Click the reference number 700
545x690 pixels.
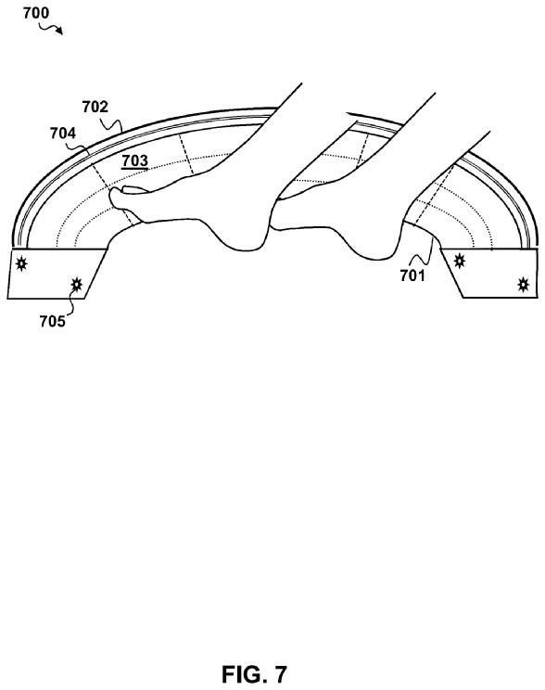pyautogui.click(x=36, y=13)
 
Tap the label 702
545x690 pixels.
pyautogui.click(x=95, y=107)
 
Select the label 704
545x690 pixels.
pyautogui.click(x=63, y=133)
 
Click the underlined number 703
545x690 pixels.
pyautogui.click(x=134, y=160)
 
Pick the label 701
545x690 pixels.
pyautogui.click(x=412, y=275)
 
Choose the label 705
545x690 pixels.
pyautogui.click(x=52, y=321)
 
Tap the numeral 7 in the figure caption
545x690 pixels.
pyautogui.click(x=280, y=673)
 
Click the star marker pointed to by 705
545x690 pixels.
pyautogui.click(x=77, y=285)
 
